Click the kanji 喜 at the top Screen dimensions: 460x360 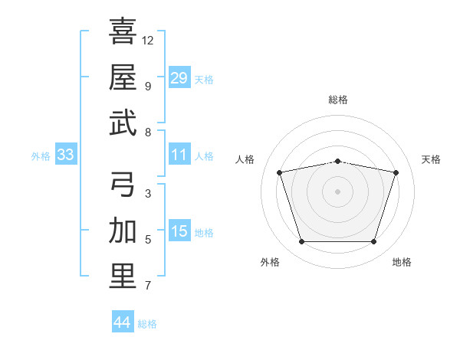click(123, 31)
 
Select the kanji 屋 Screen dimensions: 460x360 click(123, 77)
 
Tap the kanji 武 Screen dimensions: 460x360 click(123, 123)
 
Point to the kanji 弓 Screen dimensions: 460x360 click(123, 184)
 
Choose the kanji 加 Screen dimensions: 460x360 click(123, 230)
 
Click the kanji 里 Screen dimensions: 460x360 click(123, 277)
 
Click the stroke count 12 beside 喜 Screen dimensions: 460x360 click(147, 41)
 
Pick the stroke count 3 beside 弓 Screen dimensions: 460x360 click(148, 194)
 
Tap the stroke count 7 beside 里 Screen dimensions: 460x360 click(148, 286)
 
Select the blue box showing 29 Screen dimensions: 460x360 click(179, 77)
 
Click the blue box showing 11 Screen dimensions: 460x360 click(179, 154)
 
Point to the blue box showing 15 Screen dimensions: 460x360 click(179, 230)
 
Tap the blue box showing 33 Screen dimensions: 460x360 click(66, 154)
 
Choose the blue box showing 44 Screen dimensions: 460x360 click(123, 321)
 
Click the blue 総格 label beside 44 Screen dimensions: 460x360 click(147, 324)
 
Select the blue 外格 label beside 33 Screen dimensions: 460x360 click(41, 156)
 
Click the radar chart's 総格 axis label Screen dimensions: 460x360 click(338, 100)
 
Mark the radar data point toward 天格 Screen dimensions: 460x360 click(396, 172)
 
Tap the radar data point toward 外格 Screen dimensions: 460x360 click(302, 241)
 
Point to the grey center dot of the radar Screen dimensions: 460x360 click(337, 191)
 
